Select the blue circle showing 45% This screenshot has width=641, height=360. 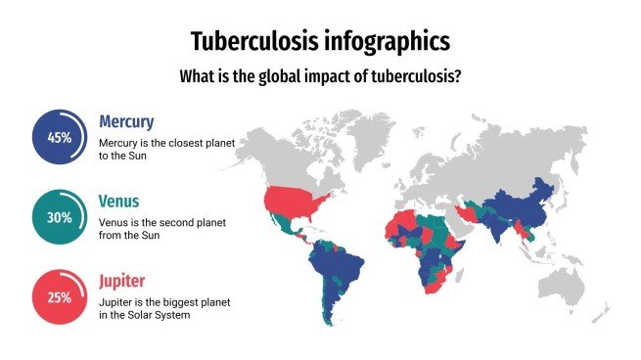(60, 137)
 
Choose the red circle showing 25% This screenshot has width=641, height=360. (60, 297)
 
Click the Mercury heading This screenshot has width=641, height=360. (126, 122)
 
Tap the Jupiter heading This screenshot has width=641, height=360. (122, 282)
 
